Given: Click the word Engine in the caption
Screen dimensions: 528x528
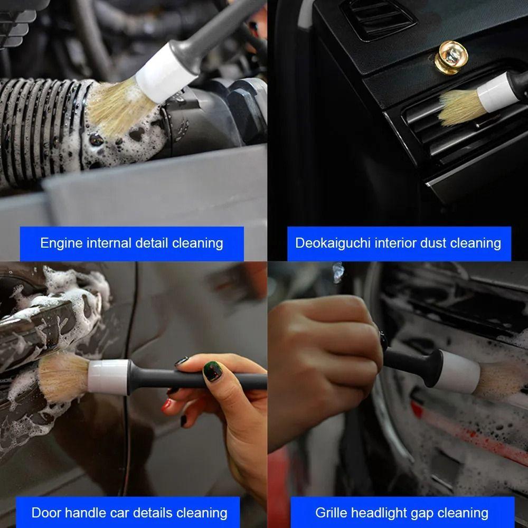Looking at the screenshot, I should (61, 243).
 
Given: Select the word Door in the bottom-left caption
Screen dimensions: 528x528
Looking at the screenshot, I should (46, 513).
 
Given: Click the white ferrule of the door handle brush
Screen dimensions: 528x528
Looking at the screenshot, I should (108, 376).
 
